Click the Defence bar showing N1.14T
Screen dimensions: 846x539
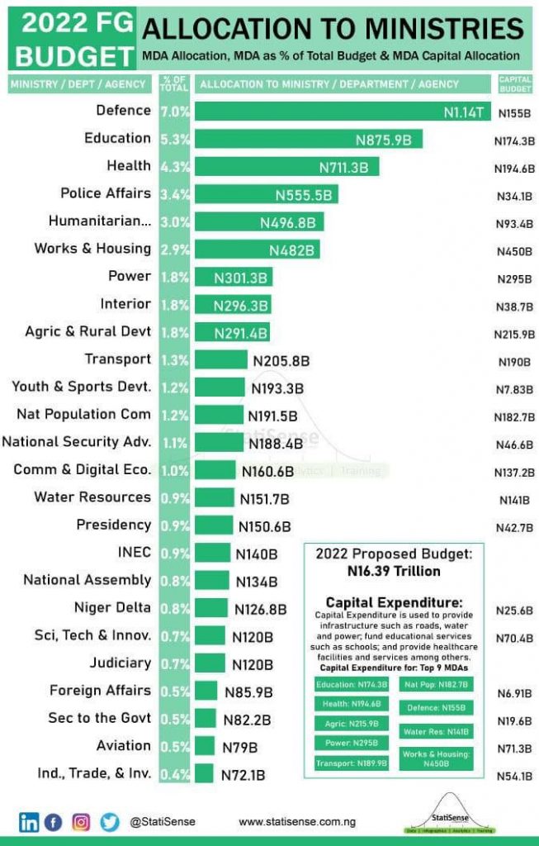[x=343, y=112]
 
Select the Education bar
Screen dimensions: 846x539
[x=309, y=139]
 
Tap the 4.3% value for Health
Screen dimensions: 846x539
[x=176, y=166]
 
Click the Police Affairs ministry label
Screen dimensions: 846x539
[x=106, y=193]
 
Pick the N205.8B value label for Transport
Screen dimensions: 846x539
[x=282, y=361]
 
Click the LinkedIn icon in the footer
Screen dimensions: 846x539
[x=29, y=822]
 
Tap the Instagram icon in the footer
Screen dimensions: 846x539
[x=81, y=822]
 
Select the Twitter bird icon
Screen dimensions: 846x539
[x=110, y=822]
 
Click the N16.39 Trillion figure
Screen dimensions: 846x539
[x=395, y=571]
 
